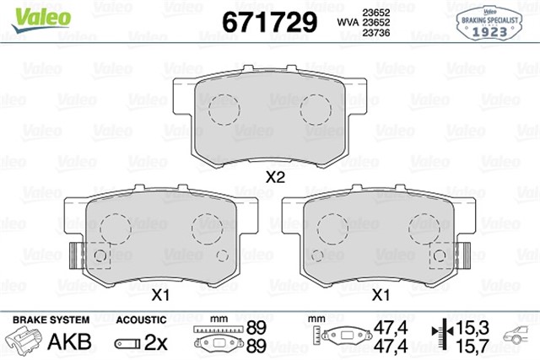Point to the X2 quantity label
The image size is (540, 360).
pos(275,178)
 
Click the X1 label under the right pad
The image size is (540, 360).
pos(381,296)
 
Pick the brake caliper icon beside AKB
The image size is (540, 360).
pos(26,341)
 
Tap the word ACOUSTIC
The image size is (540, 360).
pos(140,320)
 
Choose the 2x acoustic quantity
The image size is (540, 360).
pos(158,342)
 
